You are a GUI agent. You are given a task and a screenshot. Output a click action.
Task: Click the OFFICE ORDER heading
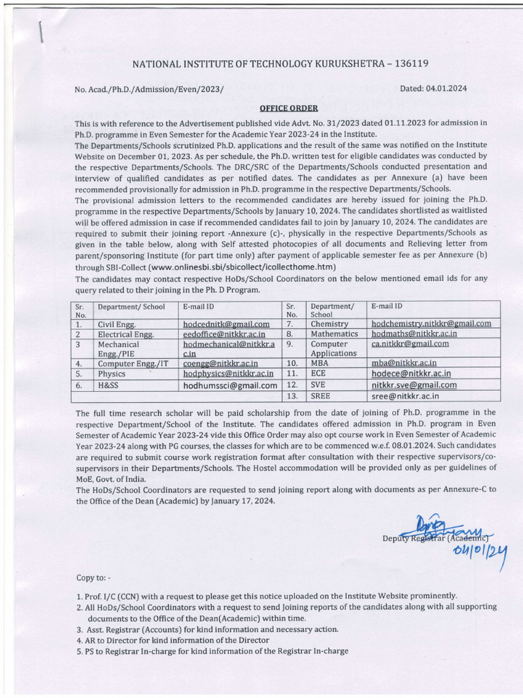284,108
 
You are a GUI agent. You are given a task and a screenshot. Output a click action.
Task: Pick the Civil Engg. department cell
116,324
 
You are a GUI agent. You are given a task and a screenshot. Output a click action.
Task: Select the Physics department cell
112,374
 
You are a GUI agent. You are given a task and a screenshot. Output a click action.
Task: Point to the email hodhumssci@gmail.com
230,385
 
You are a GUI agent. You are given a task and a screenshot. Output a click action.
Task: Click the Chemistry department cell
330,324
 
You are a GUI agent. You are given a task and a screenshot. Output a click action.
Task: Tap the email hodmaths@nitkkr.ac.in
414,334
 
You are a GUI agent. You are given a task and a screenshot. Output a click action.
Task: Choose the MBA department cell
320,363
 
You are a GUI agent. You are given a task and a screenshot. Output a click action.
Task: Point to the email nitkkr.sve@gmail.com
413,384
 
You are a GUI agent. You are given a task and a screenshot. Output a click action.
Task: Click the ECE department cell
319,374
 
